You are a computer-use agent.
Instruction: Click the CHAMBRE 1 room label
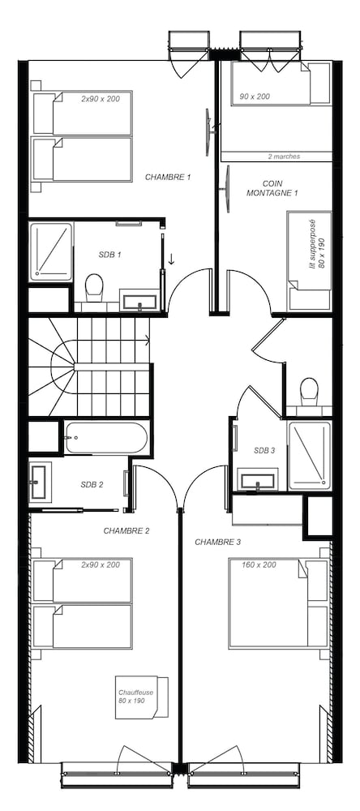point(168,177)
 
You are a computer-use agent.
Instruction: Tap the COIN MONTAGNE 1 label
point(272,188)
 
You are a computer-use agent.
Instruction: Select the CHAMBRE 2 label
point(126,530)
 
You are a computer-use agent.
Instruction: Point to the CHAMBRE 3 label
point(218,542)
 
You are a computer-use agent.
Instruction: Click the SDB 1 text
point(109,255)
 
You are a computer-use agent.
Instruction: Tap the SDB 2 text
point(92,485)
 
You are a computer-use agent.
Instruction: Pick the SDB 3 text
point(264,450)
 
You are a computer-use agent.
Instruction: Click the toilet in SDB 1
point(94,288)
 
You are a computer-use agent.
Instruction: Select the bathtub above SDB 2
point(106,438)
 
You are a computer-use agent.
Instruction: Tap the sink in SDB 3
point(258,479)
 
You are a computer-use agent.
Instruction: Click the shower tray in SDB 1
point(51,251)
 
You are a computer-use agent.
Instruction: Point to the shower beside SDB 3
point(309,455)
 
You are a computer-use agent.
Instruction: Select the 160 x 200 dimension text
point(259,564)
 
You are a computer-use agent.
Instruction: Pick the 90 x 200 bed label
point(255,97)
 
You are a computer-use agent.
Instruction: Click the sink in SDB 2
point(39,482)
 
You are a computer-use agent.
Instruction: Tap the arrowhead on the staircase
point(148,340)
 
